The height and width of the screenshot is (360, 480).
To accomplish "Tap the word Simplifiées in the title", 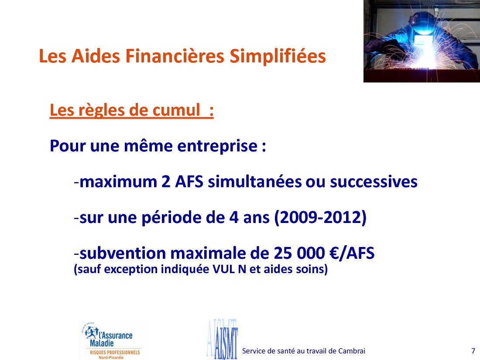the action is pos(278,57).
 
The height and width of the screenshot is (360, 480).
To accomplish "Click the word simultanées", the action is pos(254,182).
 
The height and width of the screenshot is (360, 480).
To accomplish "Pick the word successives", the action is pos(374,182).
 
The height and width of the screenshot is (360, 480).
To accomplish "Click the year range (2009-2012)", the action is pos(320,218).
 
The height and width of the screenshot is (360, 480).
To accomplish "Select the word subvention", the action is pos(123,254).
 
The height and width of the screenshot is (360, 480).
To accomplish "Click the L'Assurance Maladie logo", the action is pos(111,340).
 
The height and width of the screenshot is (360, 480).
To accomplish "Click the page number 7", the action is pos(473,351).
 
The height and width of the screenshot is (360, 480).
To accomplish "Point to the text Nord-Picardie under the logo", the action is pos(111,357).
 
